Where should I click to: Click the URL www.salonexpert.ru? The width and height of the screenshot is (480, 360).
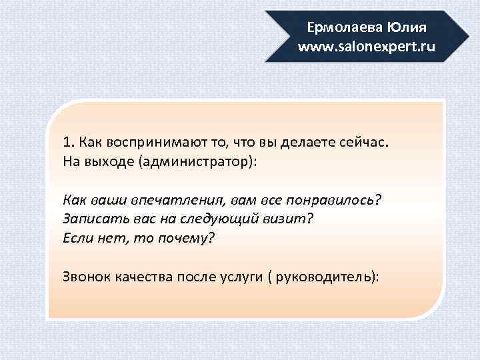coord(367,47)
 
